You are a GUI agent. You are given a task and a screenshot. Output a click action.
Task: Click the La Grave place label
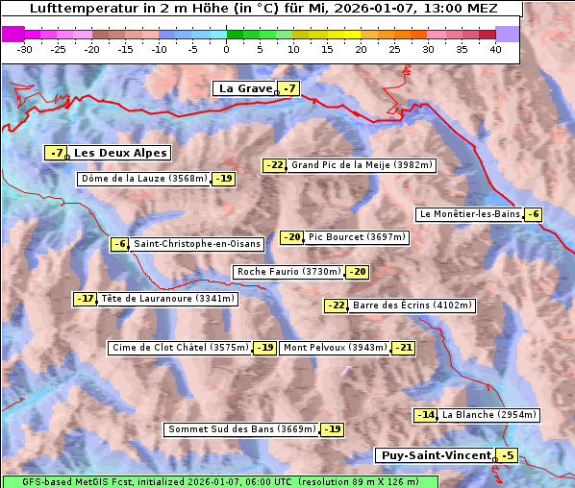(x=245, y=88)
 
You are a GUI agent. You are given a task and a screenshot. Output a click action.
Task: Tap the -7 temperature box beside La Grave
(x=288, y=89)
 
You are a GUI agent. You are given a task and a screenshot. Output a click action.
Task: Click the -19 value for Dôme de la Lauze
(x=224, y=179)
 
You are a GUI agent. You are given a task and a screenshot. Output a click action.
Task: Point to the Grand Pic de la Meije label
(x=362, y=165)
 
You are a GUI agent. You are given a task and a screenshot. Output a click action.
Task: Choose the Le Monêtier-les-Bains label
(x=468, y=214)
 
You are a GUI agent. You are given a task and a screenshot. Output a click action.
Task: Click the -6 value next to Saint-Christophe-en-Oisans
(x=120, y=244)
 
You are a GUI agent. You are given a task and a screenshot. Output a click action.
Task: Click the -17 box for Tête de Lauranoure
(x=86, y=299)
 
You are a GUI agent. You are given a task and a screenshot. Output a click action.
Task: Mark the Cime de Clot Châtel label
(x=180, y=348)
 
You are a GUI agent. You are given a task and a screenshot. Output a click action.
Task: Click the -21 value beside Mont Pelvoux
(x=403, y=348)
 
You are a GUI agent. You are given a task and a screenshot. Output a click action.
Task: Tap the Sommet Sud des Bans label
(x=241, y=429)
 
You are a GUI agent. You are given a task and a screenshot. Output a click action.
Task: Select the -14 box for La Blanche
(x=426, y=415)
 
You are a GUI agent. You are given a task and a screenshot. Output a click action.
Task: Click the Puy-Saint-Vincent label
(x=436, y=455)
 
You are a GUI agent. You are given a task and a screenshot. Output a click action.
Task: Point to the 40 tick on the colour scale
(x=494, y=48)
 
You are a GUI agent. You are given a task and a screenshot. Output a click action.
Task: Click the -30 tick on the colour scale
(x=25, y=48)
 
